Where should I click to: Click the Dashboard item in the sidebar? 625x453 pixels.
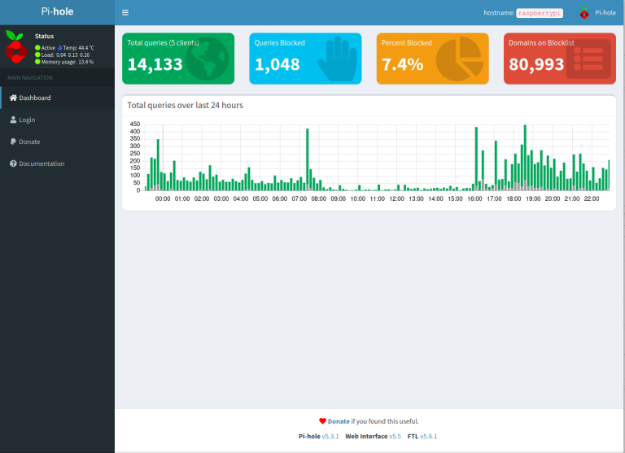[34, 98]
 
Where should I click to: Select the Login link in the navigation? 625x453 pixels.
[27, 120]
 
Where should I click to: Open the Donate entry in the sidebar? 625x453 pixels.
[29, 142]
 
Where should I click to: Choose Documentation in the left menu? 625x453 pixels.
[42, 163]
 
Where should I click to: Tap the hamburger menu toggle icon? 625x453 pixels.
[125, 13]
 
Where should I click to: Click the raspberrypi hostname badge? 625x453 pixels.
[540, 13]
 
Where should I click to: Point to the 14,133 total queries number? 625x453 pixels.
[155, 65]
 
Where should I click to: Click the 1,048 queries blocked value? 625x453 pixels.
[278, 65]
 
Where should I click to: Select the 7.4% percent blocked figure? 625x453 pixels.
[402, 65]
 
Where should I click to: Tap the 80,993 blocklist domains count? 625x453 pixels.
[535, 65]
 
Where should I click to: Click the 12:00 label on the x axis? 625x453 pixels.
[397, 198]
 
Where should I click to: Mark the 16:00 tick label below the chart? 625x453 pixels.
[475, 198]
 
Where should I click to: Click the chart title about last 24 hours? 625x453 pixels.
[186, 106]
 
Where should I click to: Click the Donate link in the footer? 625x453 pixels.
[339, 421]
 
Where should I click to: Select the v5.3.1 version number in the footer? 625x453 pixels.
[330, 437]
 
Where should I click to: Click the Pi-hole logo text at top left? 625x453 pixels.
[57, 12]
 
